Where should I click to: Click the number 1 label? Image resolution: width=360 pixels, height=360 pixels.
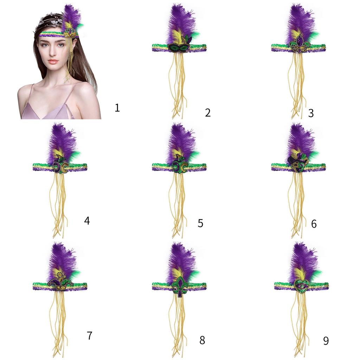click(117, 107)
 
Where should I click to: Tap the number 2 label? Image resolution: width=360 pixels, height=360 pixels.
click(207, 112)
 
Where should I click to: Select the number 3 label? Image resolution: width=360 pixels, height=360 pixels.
click(311, 112)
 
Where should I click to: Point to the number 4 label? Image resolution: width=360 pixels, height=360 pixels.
click(87, 220)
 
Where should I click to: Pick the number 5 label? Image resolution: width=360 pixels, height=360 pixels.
click(200, 223)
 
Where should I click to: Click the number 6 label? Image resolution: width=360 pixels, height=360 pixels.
click(314, 224)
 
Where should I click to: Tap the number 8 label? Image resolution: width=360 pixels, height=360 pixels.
click(202, 340)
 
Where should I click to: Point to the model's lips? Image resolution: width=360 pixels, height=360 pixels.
click(53, 61)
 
